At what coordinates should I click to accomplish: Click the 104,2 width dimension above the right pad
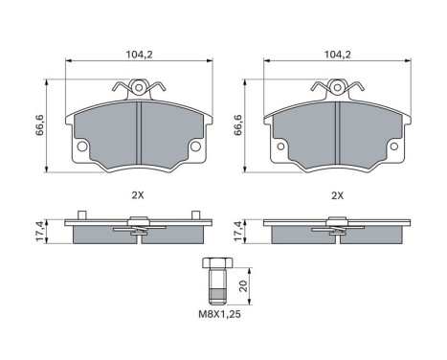tap(336, 56)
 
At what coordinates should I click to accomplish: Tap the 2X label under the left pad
tap(138, 195)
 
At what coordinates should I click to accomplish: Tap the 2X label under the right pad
tap(336, 195)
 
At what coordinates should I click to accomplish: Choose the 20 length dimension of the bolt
tap(243, 284)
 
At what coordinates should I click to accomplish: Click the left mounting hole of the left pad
tap(81, 146)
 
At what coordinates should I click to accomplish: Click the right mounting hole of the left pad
tap(195, 146)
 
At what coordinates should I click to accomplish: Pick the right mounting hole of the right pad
tap(393, 146)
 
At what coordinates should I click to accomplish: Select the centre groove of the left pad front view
tap(138, 134)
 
